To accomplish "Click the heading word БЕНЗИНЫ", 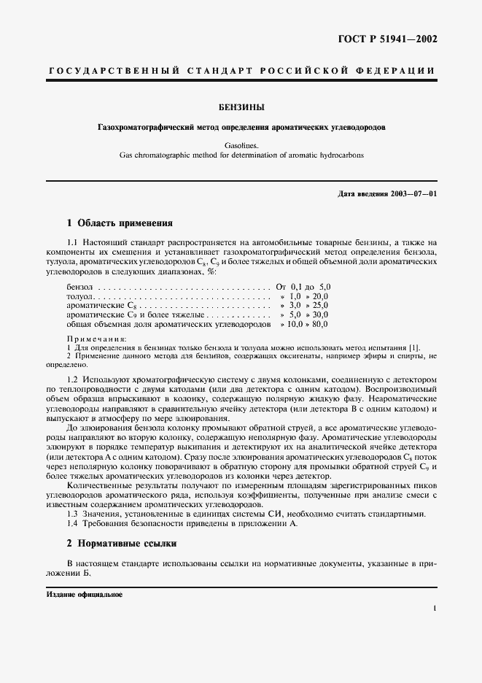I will pyautogui.click(x=241, y=107).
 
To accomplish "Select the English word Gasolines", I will pyautogui.click(x=241, y=145).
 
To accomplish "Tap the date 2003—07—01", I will pyautogui.click(x=412, y=194).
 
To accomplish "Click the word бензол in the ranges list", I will pyautogui.click(x=79, y=288).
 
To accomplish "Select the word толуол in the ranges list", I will pyautogui.click(x=79, y=297).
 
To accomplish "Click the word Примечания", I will pyautogui.click(x=96, y=339).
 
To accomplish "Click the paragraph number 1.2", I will pyautogui.click(x=72, y=380).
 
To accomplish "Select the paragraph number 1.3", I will pyautogui.click(x=72, y=514).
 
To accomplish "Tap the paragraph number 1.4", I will pyautogui.click(x=72, y=523).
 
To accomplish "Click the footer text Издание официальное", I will pyautogui.click(x=85, y=595).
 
